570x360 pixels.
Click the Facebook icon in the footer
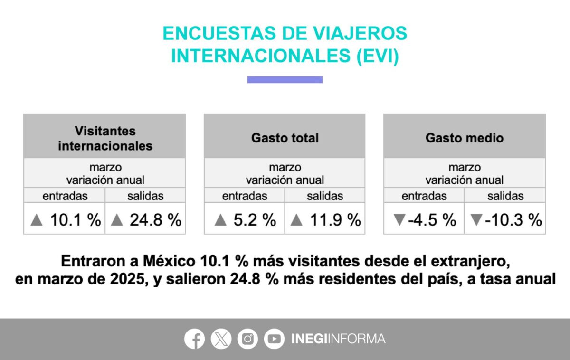194,339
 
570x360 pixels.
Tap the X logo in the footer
221,339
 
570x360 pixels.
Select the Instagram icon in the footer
247,339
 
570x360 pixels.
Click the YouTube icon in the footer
274,339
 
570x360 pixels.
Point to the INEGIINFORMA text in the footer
338,339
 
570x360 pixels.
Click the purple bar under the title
285,80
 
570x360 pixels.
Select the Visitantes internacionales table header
105,138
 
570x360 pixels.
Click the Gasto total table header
285,138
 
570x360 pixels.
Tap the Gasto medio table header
464,138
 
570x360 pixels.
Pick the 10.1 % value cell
65,219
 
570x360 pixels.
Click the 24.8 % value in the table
145,219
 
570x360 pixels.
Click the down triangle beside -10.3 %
476,220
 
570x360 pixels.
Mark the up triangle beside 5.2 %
220,220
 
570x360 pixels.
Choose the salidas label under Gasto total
325,196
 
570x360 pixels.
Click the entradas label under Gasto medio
424,196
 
